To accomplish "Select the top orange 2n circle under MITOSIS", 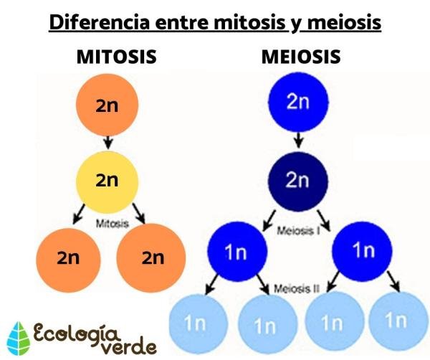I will pyautogui.click(x=106, y=105).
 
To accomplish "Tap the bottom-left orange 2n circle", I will pyautogui.click(x=68, y=257).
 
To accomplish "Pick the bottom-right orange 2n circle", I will pyautogui.click(x=151, y=257).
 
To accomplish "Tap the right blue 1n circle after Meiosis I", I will pyautogui.click(x=363, y=250).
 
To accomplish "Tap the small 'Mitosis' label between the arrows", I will pyautogui.click(x=112, y=223).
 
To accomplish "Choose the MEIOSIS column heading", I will pyautogui.click(x=300, y=57).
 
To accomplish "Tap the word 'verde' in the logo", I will pyautogui.click(x=128, y=346).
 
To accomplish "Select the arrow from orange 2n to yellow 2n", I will pyautogui.click(x=107, y=143).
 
